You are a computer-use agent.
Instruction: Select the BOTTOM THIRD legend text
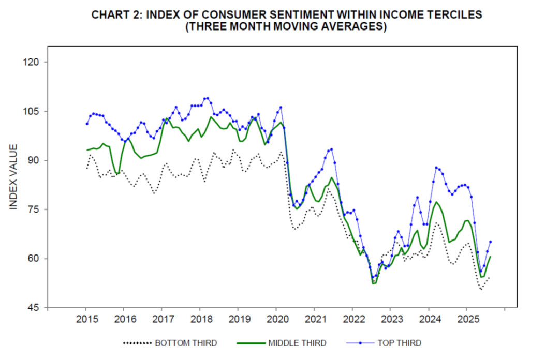(186, 343)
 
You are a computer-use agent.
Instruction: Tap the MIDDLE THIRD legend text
(297, 343)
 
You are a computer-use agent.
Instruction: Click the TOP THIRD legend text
(400, 343)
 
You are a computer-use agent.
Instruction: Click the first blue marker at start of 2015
(87, 124)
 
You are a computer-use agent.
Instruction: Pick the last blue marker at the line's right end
(490, 242)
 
